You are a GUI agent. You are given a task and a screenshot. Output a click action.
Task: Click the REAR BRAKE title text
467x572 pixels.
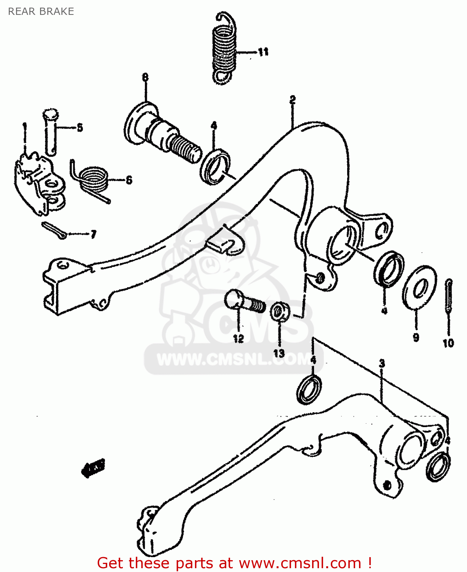click(41, 11)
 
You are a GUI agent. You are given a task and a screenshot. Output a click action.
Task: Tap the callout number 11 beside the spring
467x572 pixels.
click(263, 51)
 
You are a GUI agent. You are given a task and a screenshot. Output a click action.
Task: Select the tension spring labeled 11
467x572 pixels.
click(224, 50)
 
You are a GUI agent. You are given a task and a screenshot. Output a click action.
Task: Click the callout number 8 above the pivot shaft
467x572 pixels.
click(145, 77)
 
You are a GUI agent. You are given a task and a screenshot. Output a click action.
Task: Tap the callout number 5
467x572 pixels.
click(79, 128)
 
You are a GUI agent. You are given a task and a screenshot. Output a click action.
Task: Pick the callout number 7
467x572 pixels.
click(93, 234)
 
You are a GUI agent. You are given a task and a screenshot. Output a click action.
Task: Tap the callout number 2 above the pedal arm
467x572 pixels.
click(292, 100)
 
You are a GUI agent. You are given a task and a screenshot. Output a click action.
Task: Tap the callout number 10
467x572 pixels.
click(448, 343)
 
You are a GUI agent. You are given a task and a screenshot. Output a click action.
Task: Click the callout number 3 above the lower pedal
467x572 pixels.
click(382, 363)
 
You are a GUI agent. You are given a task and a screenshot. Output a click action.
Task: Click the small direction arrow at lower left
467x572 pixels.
click(93, 468)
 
